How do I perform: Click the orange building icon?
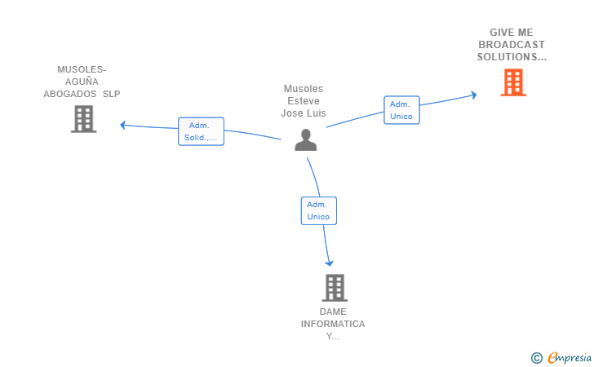coord(512,82)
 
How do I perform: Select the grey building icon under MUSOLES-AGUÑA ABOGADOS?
coord(83,119)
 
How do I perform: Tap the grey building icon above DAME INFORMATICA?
coord(335,287)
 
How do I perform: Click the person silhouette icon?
coord(305,140)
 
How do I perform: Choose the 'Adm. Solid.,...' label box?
coord(201,131)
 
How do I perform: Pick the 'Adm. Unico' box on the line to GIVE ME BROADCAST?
coord(401,110)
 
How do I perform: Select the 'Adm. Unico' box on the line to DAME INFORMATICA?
coord(318,210)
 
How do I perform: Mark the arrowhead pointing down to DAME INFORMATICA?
coord(330,263)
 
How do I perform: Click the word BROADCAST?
coord(512,45)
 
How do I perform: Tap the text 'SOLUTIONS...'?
coord(512,57)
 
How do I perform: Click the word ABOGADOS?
coord(70,94)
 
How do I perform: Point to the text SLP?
coord(111,94)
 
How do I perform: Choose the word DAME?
coord(333,312)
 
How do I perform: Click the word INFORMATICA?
coord(333,325)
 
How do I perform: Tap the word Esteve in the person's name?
coord(304,101)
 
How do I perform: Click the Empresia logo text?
coord(570,357)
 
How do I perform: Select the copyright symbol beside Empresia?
coord(537,357)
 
